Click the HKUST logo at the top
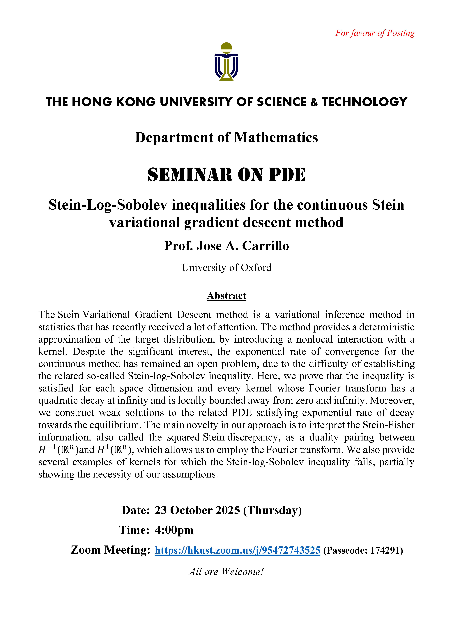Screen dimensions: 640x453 (226, 62)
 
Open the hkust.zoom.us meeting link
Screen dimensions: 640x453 (237, 550)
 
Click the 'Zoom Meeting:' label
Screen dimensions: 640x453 (110, 550)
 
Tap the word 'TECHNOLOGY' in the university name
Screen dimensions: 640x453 (365, 102)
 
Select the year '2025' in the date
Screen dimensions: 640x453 (228, 510)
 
